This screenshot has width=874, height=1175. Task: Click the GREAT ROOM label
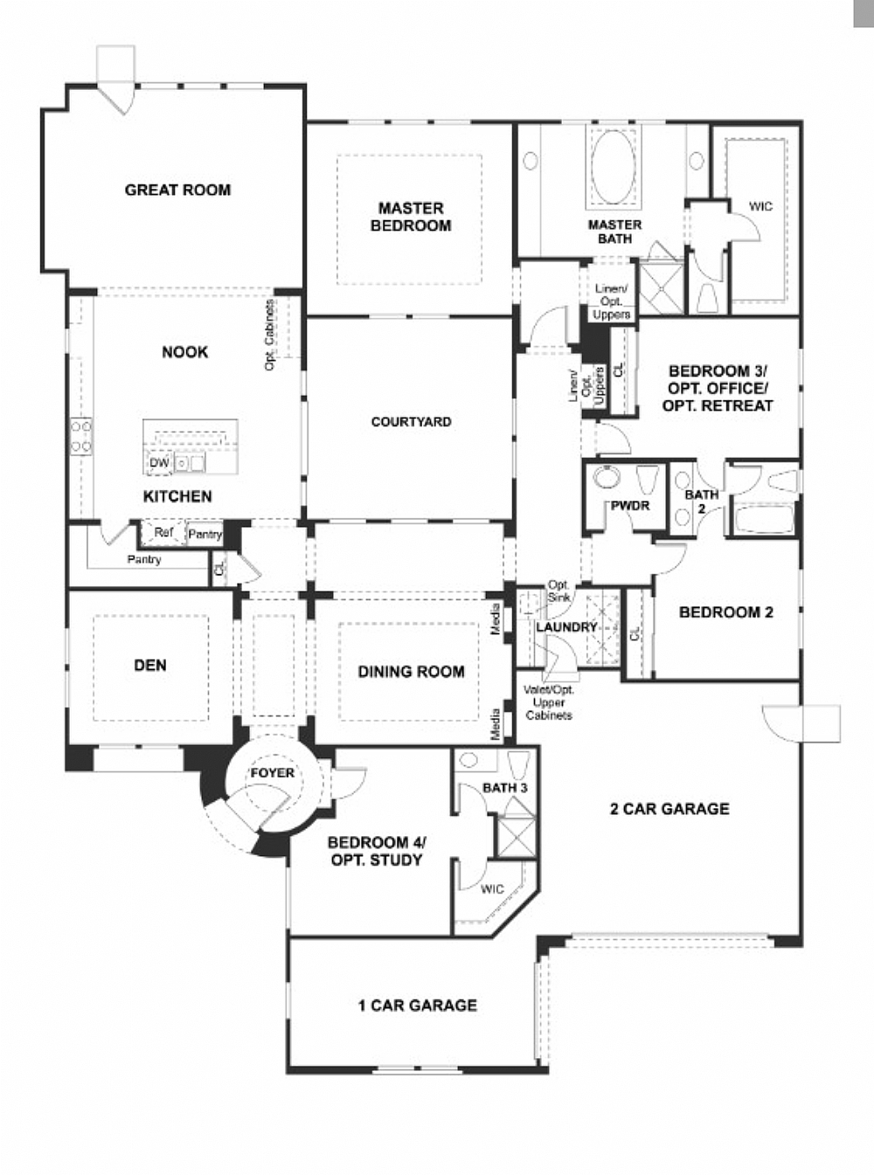tap(177, 190)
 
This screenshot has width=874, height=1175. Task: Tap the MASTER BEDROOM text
tap(411, 217)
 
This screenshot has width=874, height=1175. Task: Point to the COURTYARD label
tap(411, 422)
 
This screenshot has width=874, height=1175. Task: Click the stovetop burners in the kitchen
tap(80, 436)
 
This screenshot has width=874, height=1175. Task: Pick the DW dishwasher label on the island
tap(158, 463)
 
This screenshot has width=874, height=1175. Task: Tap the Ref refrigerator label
tap(163, 532)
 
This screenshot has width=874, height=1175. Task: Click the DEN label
tap(150, 666)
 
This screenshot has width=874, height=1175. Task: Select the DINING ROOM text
tap(411, 672)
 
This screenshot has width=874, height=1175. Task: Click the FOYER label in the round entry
tap(272, 773)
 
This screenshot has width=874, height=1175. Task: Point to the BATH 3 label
tap(505, 788)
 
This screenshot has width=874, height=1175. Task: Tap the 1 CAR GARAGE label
tap(417, 1006)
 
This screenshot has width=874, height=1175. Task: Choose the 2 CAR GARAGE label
tap(669, 809)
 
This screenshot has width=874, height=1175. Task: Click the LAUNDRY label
tap(566, 627)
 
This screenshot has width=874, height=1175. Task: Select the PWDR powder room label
tap(630, 506)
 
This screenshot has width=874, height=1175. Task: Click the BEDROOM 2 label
tap(725, 612)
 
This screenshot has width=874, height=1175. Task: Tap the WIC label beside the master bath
tap(760, 207)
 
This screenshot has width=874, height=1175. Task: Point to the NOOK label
tap(184, 352)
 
